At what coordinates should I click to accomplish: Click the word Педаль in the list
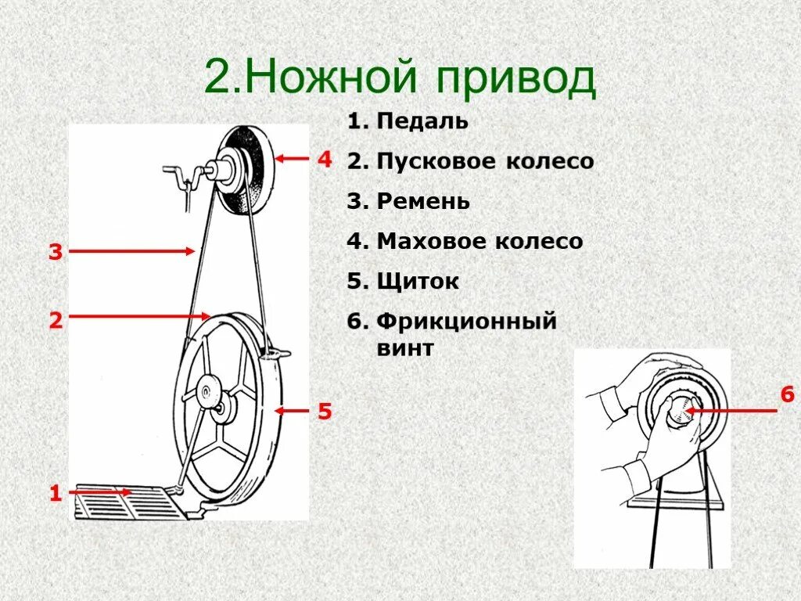pos(422,121)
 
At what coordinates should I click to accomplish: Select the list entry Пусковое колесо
pos(485,161)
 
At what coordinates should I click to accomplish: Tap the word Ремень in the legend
pos(423,201)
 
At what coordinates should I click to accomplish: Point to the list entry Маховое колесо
pos(480,241)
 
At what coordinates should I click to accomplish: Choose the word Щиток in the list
pos(418,282)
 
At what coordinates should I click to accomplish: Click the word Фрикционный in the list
pos(466,321)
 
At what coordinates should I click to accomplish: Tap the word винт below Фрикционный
pos(404,347)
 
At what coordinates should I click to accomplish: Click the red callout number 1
pos(56,494)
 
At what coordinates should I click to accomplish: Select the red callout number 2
pos(56,319)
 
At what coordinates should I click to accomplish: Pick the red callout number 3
pos(56,252)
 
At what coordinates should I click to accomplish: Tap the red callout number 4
pos(325,160)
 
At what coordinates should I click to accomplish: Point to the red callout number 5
pos(325,410)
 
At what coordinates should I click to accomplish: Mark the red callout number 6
pos(786,396)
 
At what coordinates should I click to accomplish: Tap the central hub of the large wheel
pos(210,390)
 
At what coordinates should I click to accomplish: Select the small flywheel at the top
pos(246,170)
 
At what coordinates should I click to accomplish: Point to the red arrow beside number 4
pos(293,159)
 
